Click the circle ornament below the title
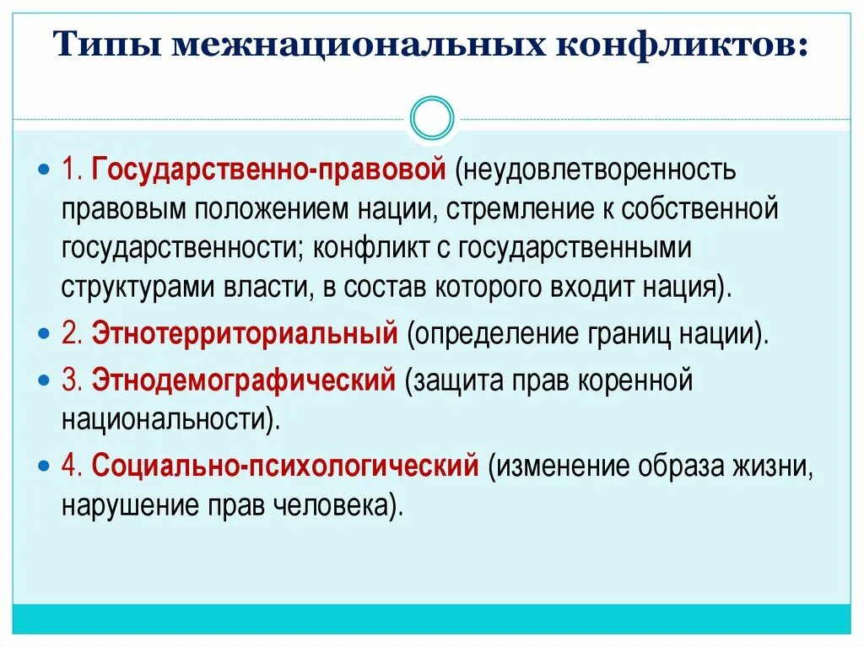[432, 117]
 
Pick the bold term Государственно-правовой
[268, 170]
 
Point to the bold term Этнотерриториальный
[245, 334]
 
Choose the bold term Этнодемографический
[243, 380]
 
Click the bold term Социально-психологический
[285, 466]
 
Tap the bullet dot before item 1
[46, 170]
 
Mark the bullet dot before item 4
[46, 466]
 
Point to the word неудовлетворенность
[597, 170]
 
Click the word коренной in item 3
[635, 380]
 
